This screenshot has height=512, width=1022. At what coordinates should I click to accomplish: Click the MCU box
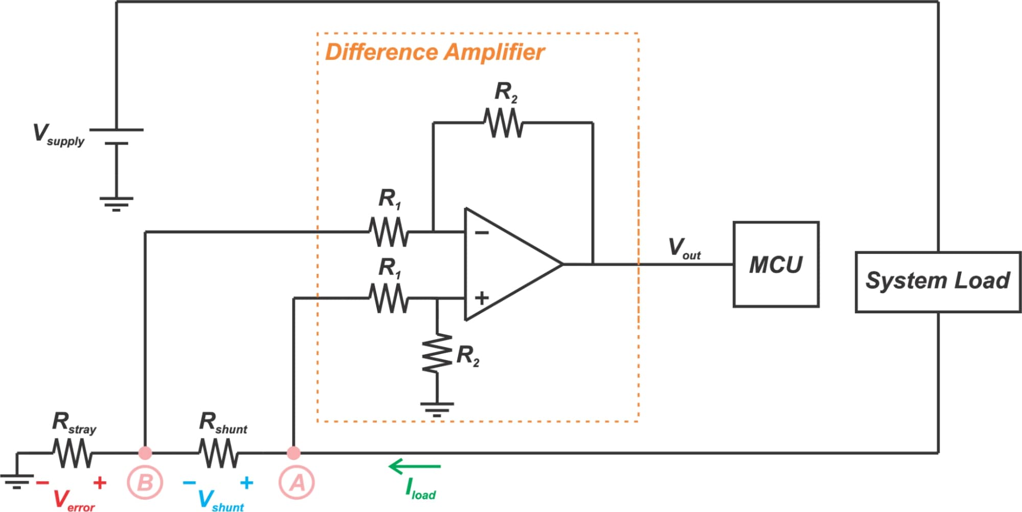(x=776, y=264)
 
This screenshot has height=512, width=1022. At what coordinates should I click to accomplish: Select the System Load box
(x=938, y=282)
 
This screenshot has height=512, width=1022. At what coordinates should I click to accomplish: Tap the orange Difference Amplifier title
(x=435, y=52)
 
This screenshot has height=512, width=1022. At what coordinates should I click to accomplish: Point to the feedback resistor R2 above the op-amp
(x=504, y=123)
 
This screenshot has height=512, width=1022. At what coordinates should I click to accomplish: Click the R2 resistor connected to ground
(x=437, y=354)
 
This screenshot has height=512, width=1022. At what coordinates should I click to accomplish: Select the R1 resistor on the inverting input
(x=389, y=232)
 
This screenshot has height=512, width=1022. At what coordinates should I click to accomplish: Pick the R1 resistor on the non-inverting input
(x=389, y=298)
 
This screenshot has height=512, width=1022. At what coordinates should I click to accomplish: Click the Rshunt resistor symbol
(x=218, y=453)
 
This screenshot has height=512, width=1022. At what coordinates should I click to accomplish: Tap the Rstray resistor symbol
(x=73, y=453)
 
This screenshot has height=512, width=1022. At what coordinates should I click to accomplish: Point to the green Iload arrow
(x=415, y=467)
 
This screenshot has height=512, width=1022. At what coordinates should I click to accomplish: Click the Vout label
(x=684, y=248)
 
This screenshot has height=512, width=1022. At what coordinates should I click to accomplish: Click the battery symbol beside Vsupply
(x=117, y=137)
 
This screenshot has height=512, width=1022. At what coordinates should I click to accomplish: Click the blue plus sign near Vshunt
(x=246, y=482)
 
